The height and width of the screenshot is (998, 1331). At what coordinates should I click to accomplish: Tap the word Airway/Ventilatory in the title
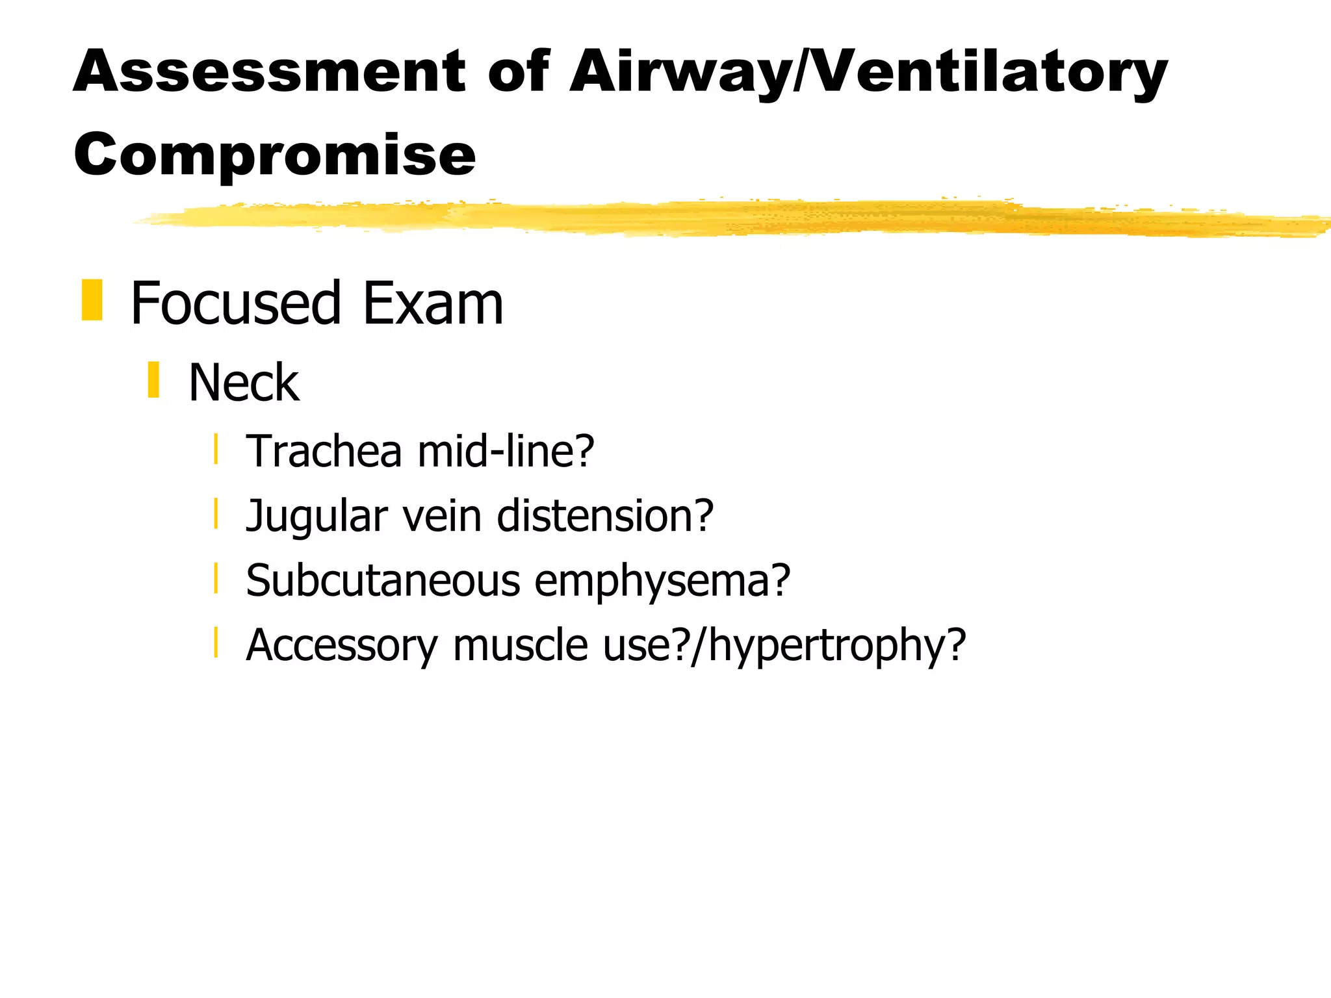coord(868,73)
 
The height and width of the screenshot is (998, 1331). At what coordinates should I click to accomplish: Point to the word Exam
coord(433,303)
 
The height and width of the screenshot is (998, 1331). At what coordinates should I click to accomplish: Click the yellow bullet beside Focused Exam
coord(92,300)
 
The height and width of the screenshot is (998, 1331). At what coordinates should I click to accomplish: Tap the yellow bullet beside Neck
coord(153,380)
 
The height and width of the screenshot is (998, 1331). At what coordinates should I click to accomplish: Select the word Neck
coord(244,383)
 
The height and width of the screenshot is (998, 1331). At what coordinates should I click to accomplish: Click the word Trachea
coord(324,451)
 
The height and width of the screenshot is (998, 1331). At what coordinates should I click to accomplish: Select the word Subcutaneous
coord(383,580)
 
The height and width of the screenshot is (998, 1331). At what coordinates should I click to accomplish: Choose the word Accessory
coord(342,646)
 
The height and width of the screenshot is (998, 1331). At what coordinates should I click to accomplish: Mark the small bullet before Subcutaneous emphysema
coord(215,578)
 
